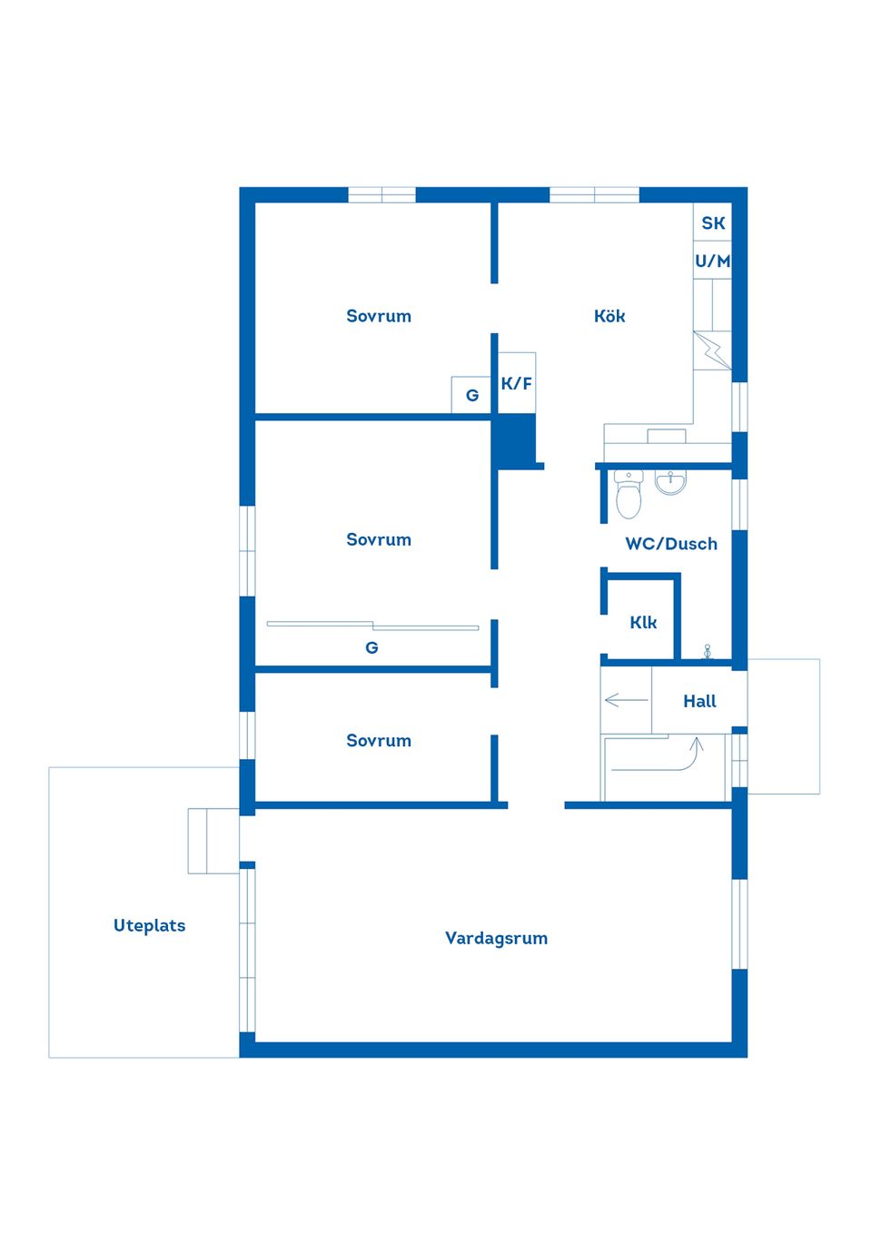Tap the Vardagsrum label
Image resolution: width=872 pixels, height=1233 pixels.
click(x=496, y=939)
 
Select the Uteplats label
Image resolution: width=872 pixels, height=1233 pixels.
click(x=149, y=925)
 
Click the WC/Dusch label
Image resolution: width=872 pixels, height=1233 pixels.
click(x=671, y=544)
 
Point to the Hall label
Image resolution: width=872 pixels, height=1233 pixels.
click(x=699, y=701)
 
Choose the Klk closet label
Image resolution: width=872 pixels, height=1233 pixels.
click(x=643, y=623)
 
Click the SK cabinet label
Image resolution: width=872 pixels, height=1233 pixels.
click(x=713, y=223)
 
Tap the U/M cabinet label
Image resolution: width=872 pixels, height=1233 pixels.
click(x=712, y=261)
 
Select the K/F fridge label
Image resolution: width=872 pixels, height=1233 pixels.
click(x=516, y=383)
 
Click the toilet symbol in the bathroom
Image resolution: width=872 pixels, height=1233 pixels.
click(x=629, y=495)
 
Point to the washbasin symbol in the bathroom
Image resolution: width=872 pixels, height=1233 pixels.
click(x=670, y=483)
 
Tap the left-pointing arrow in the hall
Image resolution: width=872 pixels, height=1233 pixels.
click(x=627, y=700)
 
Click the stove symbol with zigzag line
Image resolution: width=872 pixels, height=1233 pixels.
click(x=712, y=350)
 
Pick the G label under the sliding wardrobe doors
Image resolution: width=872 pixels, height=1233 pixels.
click(x=372, y=648)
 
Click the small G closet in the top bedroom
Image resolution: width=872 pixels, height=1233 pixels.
click(x=471, y=395)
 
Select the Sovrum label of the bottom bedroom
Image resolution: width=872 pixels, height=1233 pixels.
click(x=379, y=740)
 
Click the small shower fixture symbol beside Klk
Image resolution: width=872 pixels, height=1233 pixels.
click(x=708, y=652)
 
